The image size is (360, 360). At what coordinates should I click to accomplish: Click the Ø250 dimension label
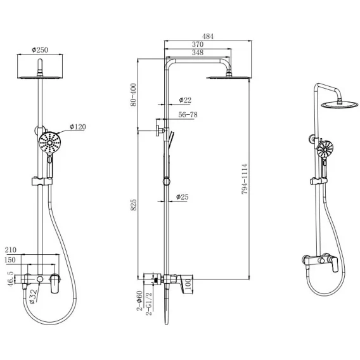point(40,50)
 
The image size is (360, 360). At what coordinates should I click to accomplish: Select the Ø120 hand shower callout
point(78,127)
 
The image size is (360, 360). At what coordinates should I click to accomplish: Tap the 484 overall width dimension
point(208,36)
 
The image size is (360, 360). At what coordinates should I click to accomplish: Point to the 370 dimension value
point(198,44)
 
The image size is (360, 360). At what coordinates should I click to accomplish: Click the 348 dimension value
point(198,53)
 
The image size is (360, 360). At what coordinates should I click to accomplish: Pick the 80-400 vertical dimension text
point(133,94)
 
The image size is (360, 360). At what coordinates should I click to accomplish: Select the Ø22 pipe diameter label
point(185,100)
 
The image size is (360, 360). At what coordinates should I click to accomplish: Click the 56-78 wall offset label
point(188,115)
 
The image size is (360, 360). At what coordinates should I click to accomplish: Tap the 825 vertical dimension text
point(133,205)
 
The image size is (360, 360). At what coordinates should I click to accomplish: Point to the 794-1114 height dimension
point(245,179)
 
